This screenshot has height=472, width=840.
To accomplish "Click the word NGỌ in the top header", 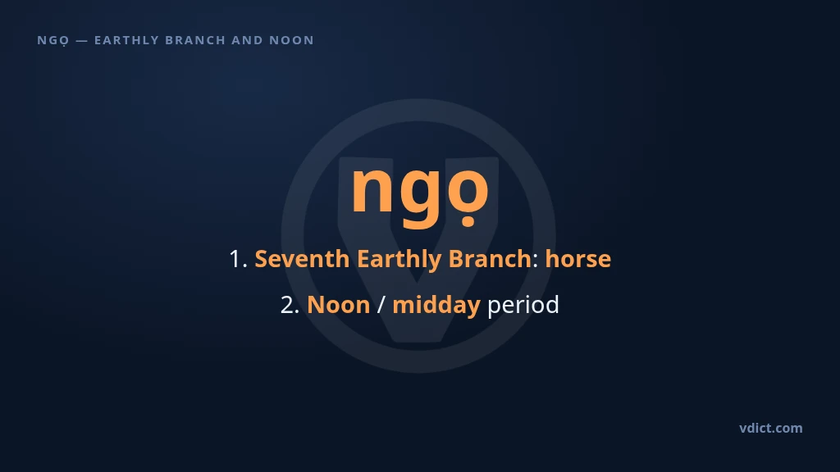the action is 53,41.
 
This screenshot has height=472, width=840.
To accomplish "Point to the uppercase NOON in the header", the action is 291,40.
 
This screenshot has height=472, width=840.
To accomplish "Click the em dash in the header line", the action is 82,40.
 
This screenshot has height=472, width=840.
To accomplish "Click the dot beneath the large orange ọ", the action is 468,220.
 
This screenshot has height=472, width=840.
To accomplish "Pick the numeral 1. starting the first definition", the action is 238,259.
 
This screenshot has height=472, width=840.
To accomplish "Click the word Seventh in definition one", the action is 302,259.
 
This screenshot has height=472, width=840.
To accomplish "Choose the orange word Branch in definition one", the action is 490,258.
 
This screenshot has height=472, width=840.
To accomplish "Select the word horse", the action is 578,259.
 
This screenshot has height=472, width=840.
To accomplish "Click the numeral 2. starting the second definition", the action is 290,305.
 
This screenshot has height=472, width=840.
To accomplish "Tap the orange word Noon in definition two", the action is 339,305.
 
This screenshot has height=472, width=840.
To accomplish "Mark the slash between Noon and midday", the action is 381,305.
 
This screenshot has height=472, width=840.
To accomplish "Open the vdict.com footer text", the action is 771,428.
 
